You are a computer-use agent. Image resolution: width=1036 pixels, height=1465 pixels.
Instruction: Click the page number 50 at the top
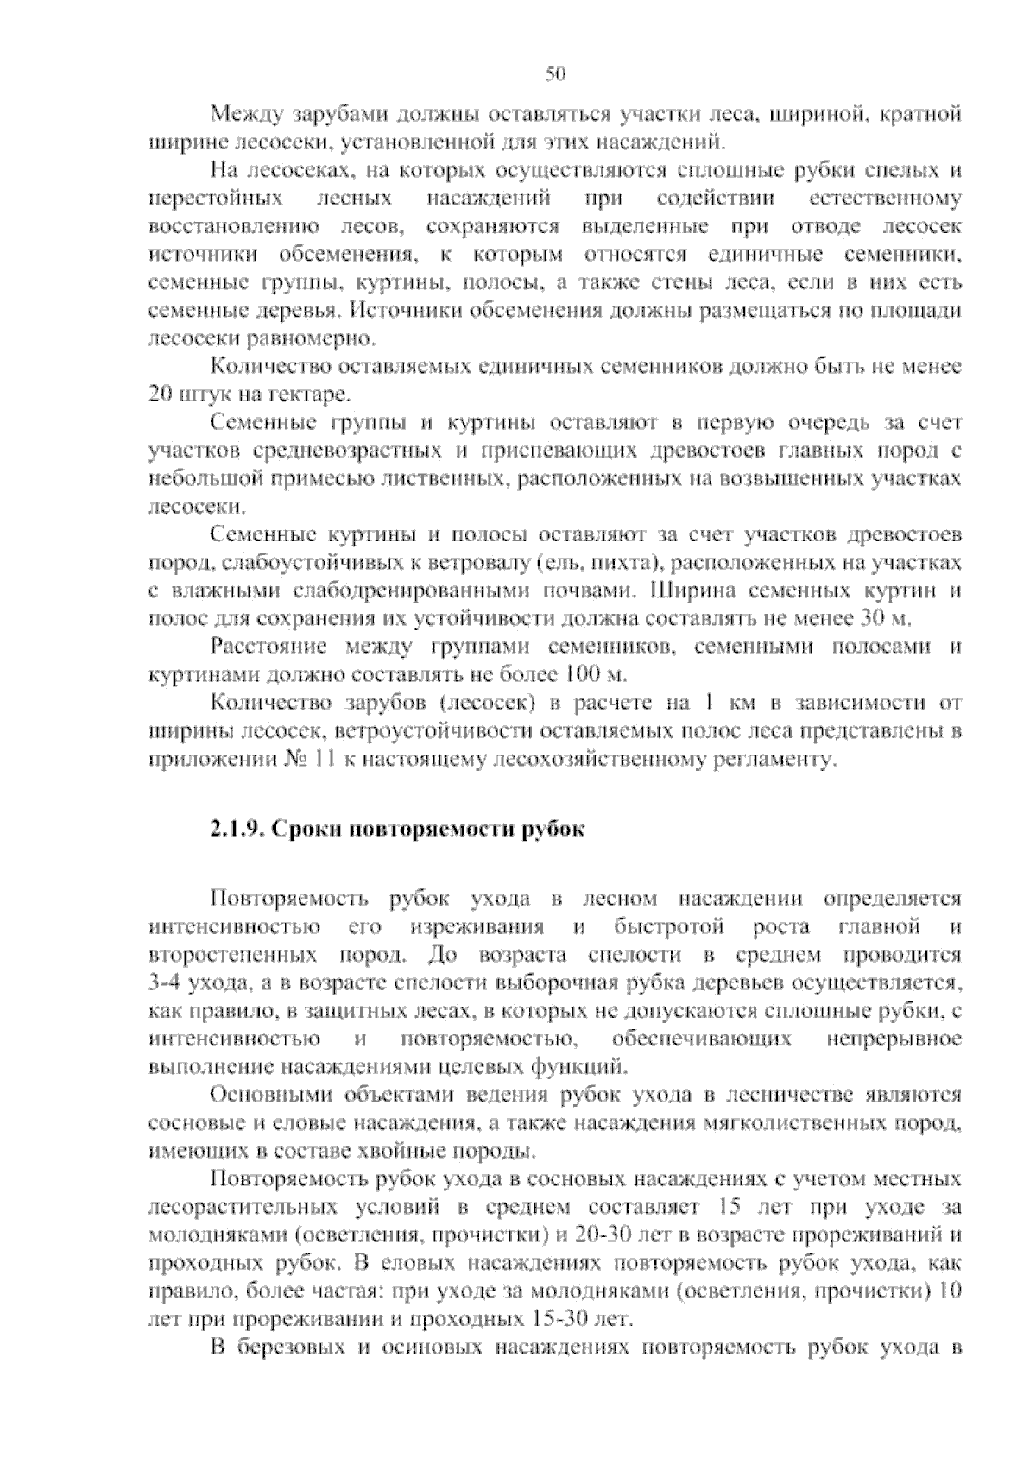pos(555,75)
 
